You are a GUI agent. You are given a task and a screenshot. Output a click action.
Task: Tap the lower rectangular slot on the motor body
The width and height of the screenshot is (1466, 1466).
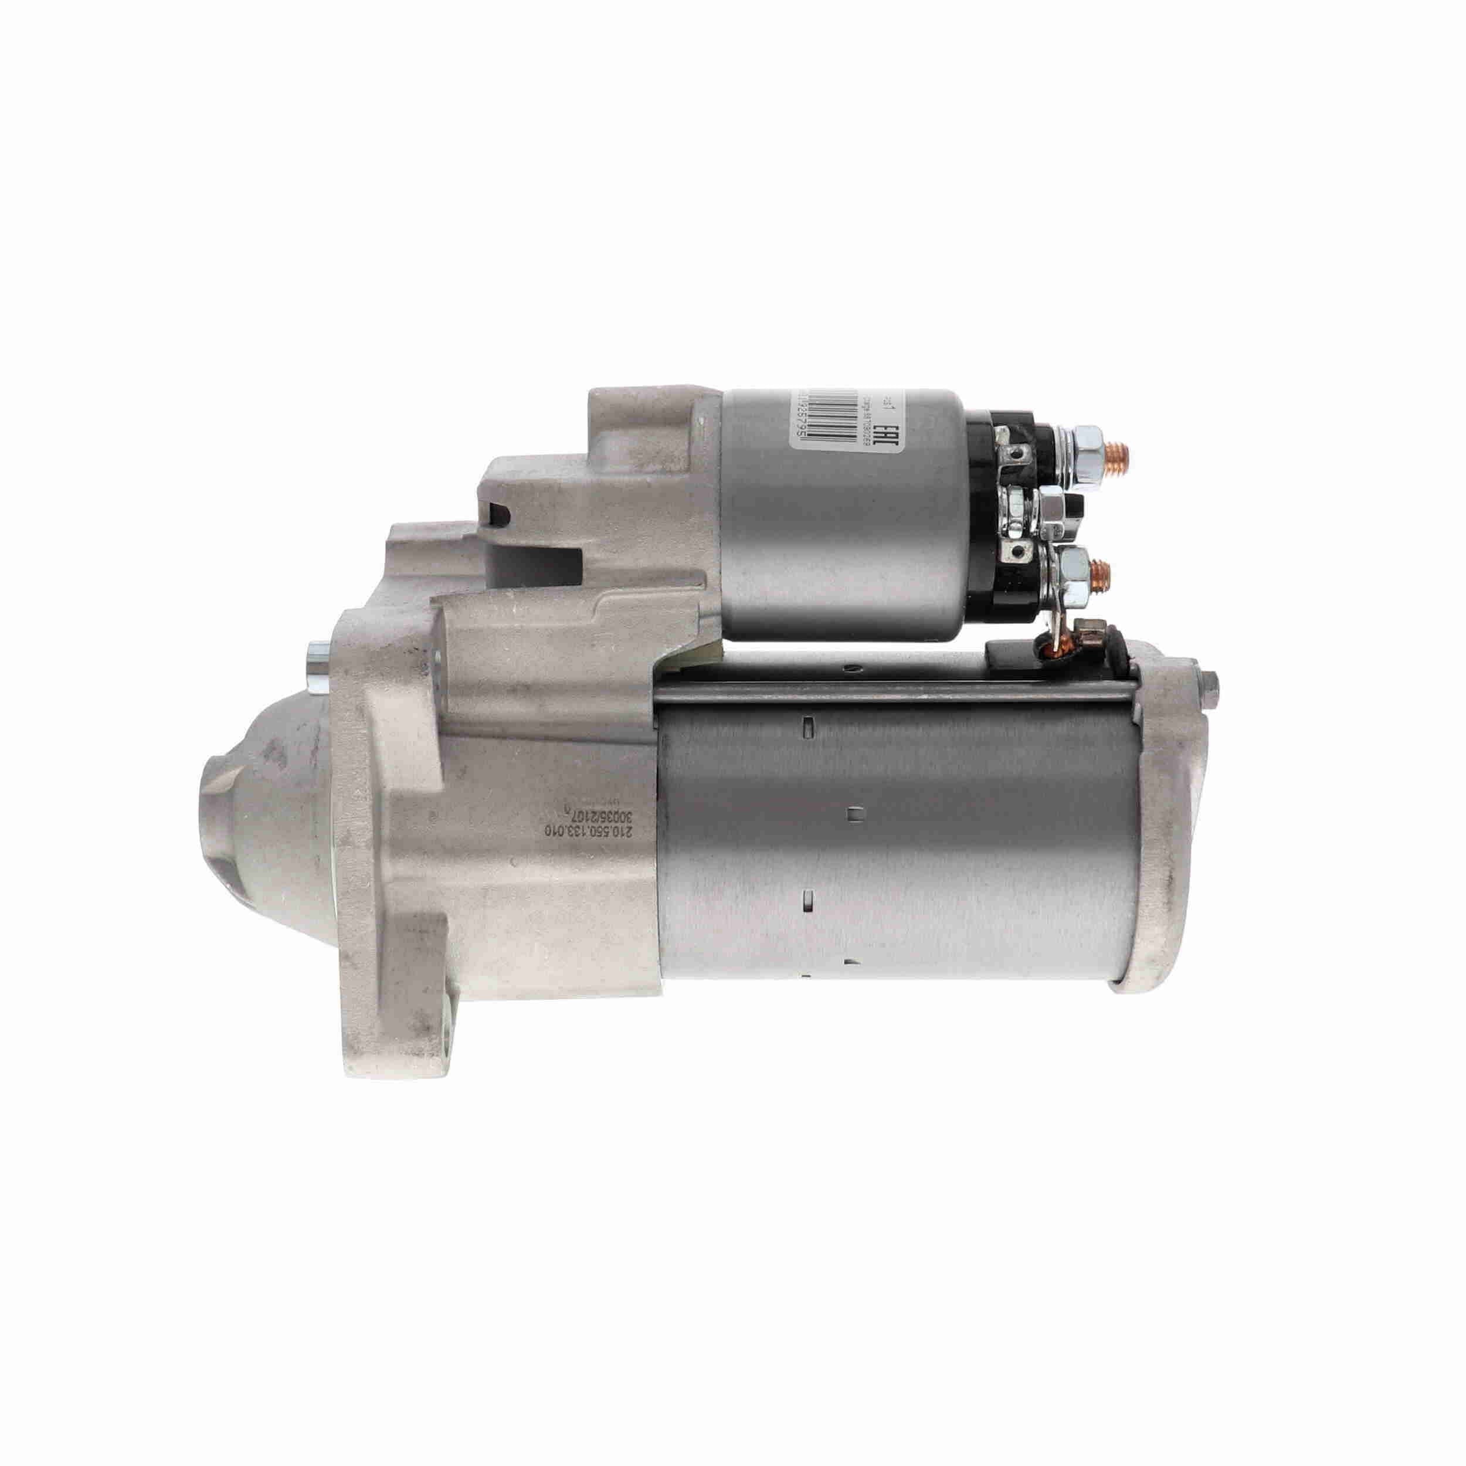[x=807, y=900]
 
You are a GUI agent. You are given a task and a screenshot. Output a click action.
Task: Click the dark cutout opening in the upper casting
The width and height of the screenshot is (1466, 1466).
[x=498, y=514]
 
